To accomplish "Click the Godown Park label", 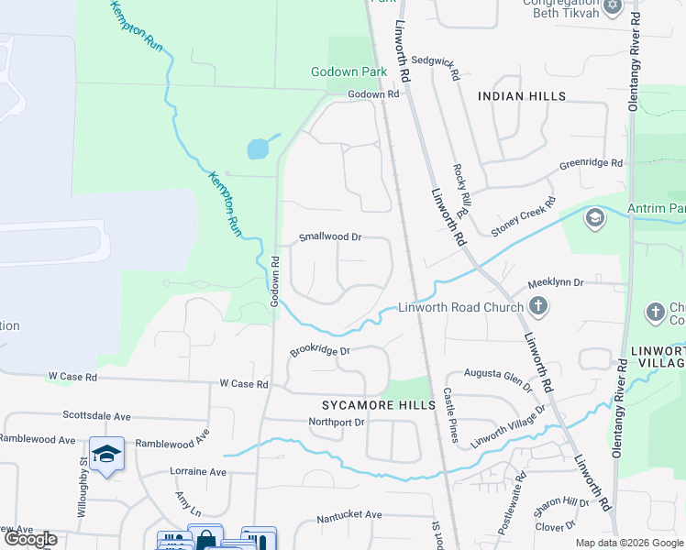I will [349, 71].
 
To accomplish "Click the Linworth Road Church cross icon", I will [538, 307].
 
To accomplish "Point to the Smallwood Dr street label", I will [330, 236].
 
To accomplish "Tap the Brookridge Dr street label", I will [321, 351].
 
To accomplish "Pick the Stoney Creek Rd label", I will [524, 217].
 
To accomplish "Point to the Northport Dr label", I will [337, 422].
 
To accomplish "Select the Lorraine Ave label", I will [198, 472].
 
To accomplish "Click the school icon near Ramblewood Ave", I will [107, 454].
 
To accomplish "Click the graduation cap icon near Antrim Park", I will [594, 217].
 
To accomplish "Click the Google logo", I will [31, 539].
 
